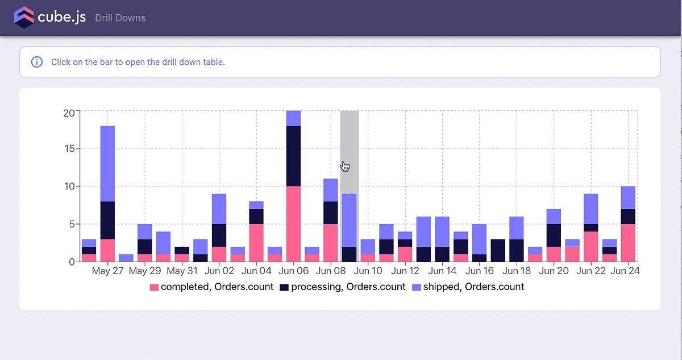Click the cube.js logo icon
[x=24, y=18]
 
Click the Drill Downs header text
[x=120, y=18]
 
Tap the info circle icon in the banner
[x=37, y=62]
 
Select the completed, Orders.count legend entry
[x=211, y=287]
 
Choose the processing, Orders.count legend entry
[x=342, y=287]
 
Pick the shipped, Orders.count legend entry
[x=468, y=287]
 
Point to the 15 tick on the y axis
[x=68, y=149]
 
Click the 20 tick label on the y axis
[x=68, y=112]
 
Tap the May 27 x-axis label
[x=107, y=271]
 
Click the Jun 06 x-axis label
[x=294, y=271]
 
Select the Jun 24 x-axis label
[x=626, y=271]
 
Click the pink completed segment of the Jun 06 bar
[x=293, y=224]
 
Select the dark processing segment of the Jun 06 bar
[x=293, y=156]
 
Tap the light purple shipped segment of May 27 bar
[x=107, y=163]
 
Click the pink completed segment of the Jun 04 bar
[x=256, y=242]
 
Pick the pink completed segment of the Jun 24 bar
[x=628, y=242]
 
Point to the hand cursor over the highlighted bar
[x=345, y=166]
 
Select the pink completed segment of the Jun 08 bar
[x=331, y=242]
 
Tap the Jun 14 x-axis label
[x=443, y=271]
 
